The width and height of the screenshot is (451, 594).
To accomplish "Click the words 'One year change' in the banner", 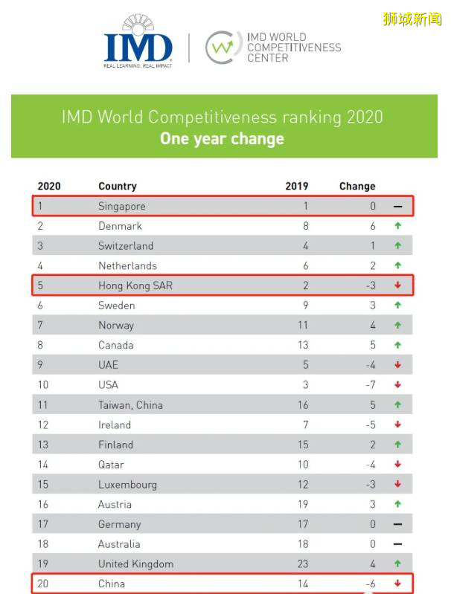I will [222, 139].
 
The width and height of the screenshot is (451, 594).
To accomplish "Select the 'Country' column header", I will [118, 186].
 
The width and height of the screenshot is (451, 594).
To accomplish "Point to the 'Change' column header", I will [357, 186].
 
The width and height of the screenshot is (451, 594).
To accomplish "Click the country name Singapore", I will [121, 206].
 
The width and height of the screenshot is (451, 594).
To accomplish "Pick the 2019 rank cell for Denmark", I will [304, 226].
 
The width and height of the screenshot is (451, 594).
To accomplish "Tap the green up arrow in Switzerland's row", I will [398, 246].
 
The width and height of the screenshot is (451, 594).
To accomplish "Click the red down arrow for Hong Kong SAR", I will [398, 285].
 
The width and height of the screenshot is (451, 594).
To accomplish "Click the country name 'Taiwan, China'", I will [130, 405].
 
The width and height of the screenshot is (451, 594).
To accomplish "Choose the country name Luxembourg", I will [127, 485].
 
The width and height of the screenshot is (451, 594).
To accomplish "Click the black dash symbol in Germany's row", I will [398, 524].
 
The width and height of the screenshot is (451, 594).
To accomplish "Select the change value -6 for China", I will [371, 584].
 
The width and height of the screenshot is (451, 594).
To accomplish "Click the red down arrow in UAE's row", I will [398, 365].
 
